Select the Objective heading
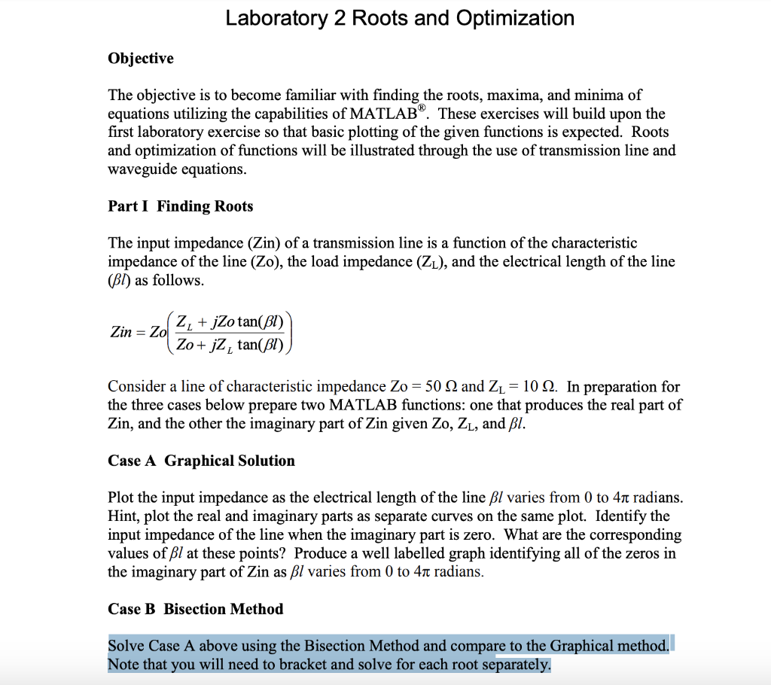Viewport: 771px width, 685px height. (x=141, y=59)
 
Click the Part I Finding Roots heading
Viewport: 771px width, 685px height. (x=181, y=206)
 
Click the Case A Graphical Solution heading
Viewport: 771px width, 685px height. (x=201, y=461)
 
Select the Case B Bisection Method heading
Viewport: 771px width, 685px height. (x=196, y=609)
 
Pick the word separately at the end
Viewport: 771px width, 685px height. (x=517, y=665)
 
